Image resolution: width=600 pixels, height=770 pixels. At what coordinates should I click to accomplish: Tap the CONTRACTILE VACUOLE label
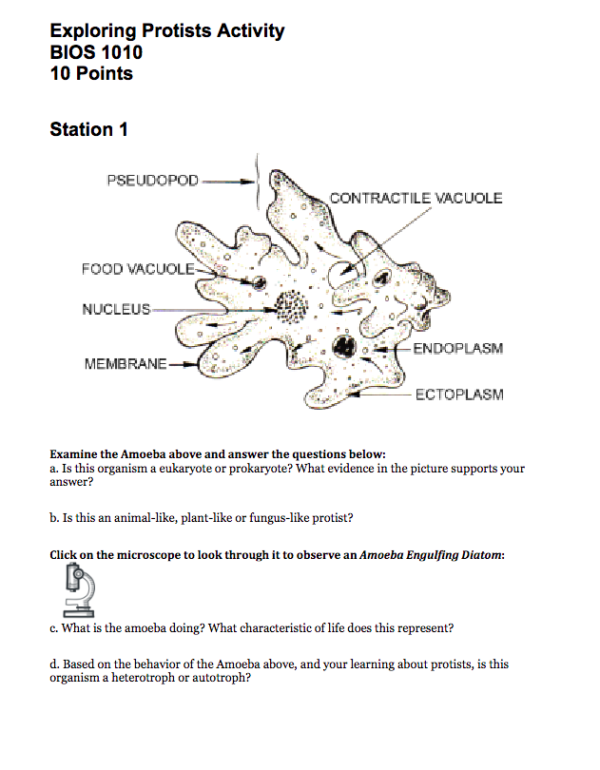(x=416, y=198)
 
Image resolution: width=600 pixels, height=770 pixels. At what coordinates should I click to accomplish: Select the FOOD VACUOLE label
(x=138, y=269)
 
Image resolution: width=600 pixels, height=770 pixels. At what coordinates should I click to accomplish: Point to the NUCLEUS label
(x=116, y=309)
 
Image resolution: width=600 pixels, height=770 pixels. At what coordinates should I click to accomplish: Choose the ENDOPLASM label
(x=457, y=349)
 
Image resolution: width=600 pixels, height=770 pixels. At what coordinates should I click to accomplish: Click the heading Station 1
(x=88, y=129)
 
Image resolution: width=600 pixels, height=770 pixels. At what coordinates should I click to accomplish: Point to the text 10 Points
(x=91, y=73)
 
